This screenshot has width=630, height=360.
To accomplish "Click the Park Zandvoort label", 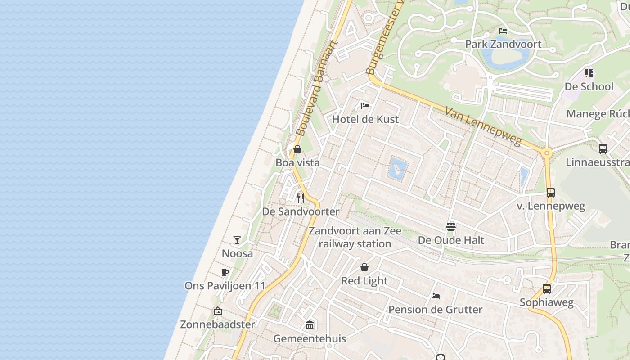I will (x=503, y=44).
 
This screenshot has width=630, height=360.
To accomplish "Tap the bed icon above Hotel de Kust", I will (x=365, y=106).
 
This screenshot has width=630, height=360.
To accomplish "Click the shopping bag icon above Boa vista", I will (x=297, y=149).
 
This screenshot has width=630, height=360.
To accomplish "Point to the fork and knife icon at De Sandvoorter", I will (x=301, y=198).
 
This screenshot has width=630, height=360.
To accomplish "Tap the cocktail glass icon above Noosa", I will (x=237, y=240).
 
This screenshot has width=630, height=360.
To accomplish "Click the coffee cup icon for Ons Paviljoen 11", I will (x=225, y=272).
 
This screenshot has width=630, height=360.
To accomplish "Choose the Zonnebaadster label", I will (x=217, y=324).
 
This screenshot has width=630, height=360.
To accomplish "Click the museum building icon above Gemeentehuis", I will (x=310, y=325).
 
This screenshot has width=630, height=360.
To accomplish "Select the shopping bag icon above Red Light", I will (x=364, y=267).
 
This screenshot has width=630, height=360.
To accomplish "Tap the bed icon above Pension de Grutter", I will (x=435, y=296).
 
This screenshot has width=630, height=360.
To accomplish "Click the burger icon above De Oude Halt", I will (x=451, y=226).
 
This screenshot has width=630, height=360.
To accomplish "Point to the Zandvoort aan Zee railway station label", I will (x=355, y=238).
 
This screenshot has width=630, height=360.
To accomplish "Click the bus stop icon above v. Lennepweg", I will (x=550, y=193).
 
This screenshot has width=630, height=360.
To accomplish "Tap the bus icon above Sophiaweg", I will (x=546, y=289).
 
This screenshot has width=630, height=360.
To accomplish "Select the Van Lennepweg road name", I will (x=484, y=126).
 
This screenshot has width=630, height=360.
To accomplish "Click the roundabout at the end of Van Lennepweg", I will (x=547, y=153).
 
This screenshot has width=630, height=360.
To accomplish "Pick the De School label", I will (x=589, y=86).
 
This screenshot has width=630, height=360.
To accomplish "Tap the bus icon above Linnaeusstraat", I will (x=603, y=149).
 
